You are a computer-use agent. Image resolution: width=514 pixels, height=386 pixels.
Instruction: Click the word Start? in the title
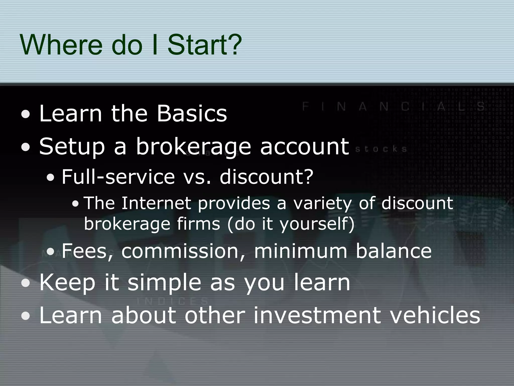pyautogui.click(x=205, y=45)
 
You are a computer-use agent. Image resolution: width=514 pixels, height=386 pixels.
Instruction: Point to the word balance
pyautogui.click(x=394, y=251)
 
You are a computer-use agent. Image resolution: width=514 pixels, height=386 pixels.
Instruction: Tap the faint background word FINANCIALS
pyautogui.click(x=393, y=107)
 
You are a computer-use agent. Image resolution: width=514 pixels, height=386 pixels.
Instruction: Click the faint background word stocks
pyautogui.click(x=381, y=149)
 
